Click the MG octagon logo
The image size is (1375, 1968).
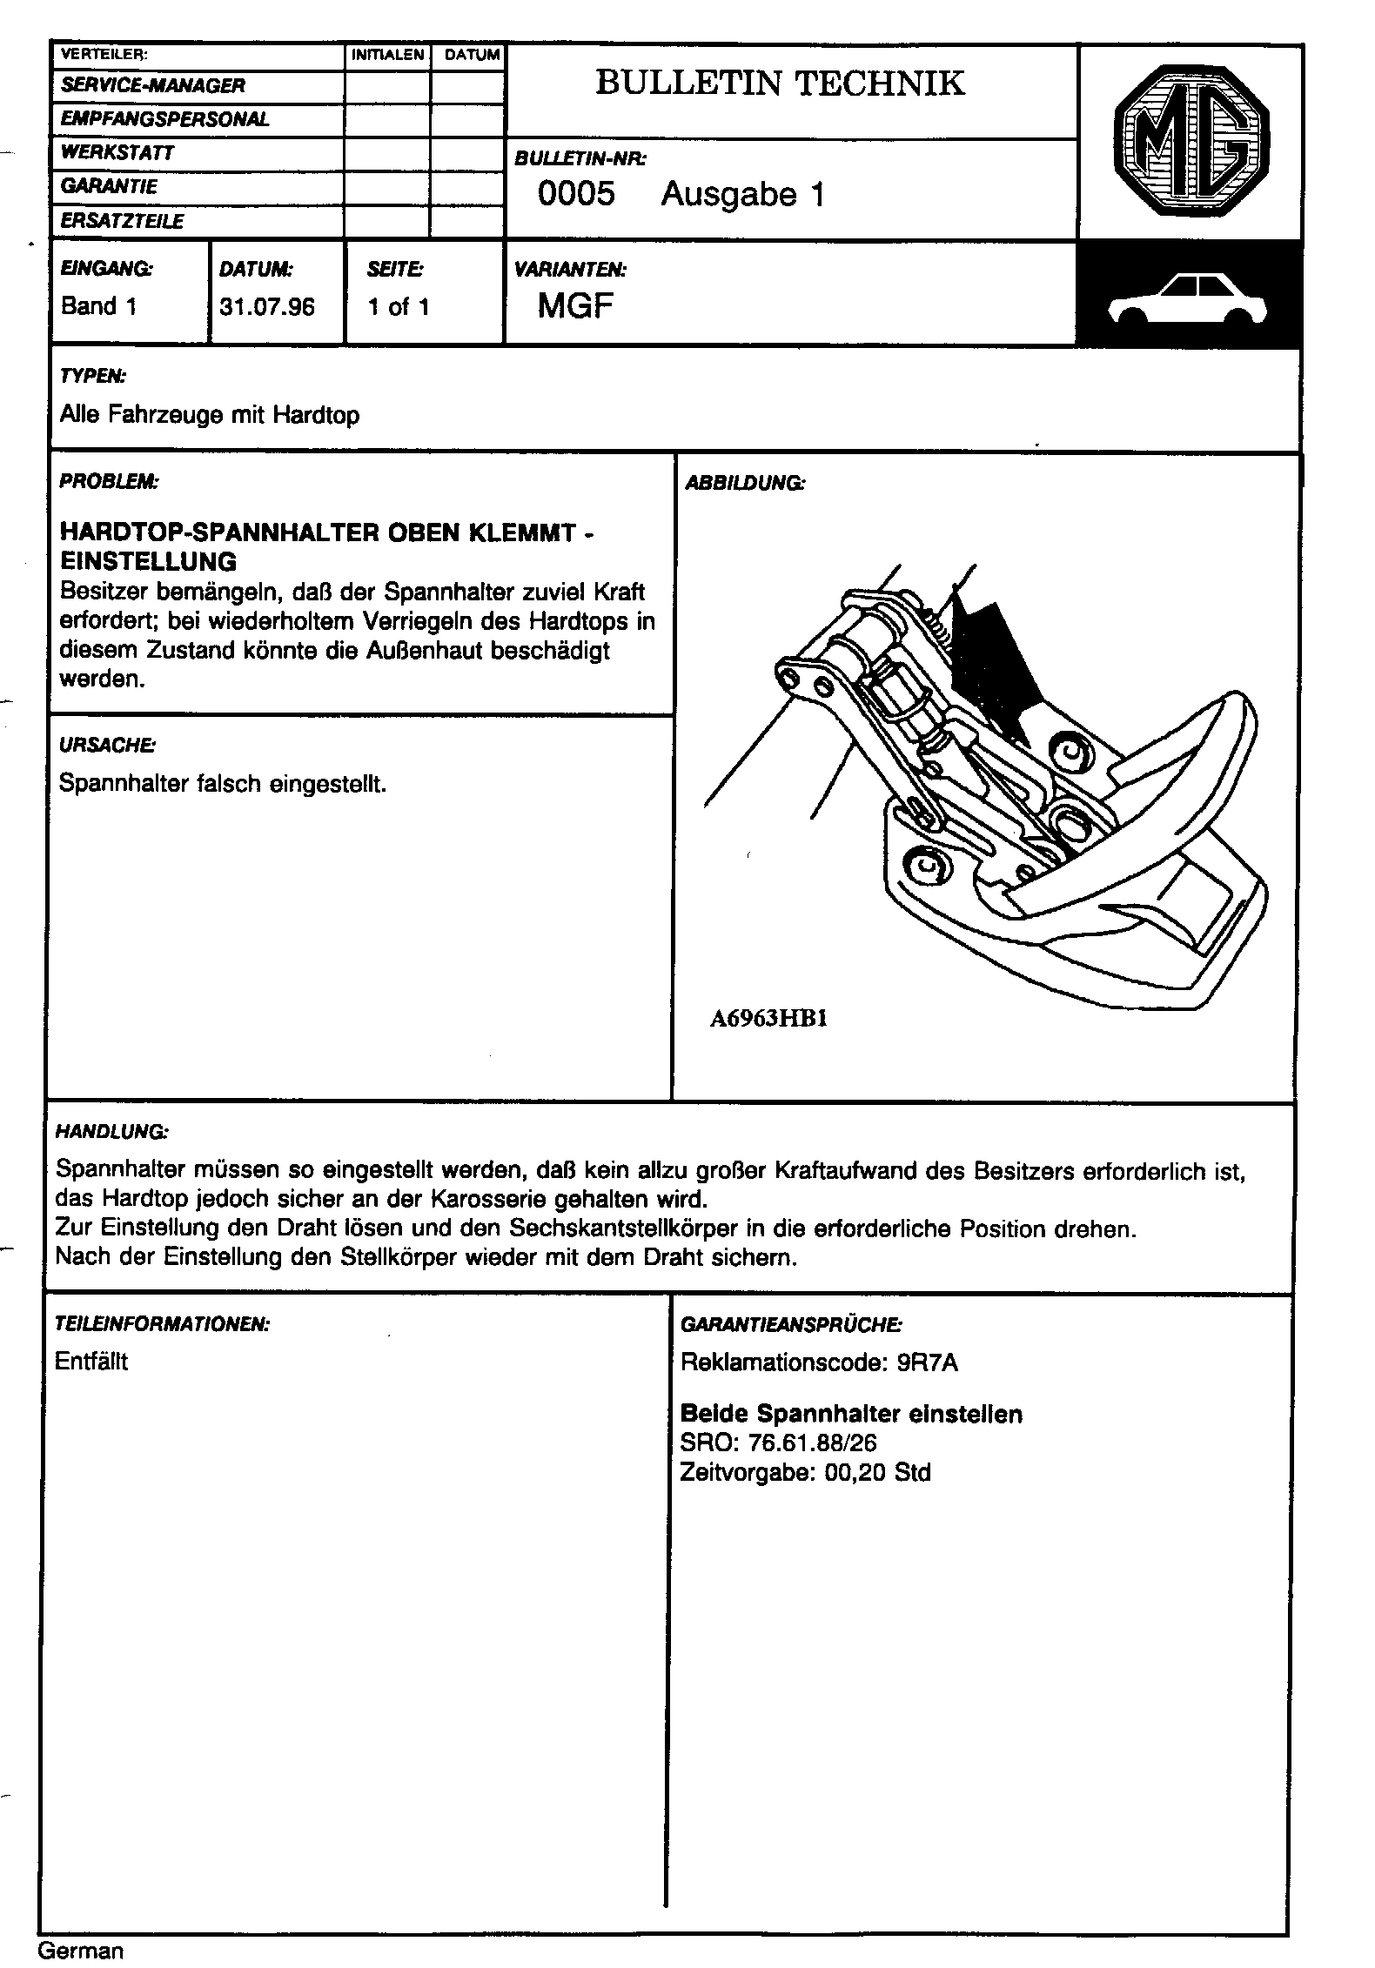pos(1191,144)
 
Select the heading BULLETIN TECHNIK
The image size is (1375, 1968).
pos(780,84)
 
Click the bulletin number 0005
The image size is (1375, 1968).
pos(576,193)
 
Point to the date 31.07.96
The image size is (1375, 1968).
pos(267,307)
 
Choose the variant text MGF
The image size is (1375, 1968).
pos(575,305)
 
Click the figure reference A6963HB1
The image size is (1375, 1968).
pos(768,1019)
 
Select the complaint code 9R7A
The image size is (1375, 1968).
pos(927,1362)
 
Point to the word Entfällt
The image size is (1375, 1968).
pos(91,1362)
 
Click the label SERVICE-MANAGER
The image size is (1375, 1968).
pos(153,85)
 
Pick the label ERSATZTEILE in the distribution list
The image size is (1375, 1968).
pos(122,222)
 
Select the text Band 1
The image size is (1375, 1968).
pos(99,306)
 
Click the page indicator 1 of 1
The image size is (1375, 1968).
pos(399,307)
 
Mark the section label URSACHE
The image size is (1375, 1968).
pos(107,745)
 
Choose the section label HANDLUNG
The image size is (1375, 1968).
pos(111,1132)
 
